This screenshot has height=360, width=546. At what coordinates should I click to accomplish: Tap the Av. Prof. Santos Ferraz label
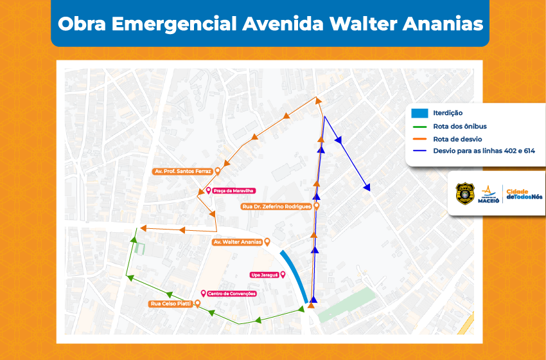[182, 172]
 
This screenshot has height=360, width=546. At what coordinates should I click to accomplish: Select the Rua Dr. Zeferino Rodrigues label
[276, 207]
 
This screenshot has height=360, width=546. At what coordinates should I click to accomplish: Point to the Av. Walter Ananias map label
[237, 242]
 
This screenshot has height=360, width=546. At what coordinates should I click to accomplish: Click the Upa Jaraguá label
[264, 274]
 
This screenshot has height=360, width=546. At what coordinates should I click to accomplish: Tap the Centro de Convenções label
[231, 294]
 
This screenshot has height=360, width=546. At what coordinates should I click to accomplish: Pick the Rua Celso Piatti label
[170, 303]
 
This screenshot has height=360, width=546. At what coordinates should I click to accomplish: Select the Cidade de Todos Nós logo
[524, 194]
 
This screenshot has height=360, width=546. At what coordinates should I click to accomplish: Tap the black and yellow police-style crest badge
[464, 194]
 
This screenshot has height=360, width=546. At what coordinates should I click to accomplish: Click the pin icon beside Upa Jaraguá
[283, 274]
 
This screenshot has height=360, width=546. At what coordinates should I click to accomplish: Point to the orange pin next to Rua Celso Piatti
[198, 303]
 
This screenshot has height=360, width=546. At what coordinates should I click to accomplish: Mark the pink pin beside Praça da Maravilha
[207, 191]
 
